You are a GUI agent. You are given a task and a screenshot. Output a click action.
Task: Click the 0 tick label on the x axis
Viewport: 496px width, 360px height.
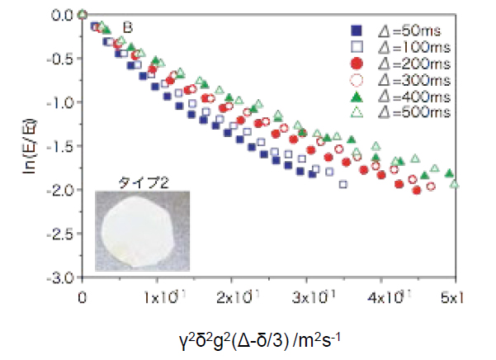click(x=82, y=295)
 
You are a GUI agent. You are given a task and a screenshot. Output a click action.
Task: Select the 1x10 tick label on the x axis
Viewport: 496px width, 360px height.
click(x=157, y=295)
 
